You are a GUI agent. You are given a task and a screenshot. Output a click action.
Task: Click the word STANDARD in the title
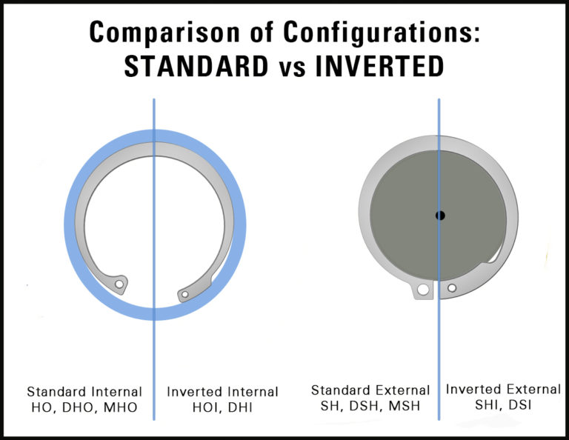(196, 66)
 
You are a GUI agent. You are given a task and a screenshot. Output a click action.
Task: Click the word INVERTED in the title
(380, 66)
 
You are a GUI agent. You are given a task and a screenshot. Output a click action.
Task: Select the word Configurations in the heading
(381, 33)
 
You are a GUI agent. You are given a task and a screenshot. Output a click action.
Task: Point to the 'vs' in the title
(293, 68)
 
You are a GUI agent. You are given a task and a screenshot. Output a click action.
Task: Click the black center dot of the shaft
(440, 216)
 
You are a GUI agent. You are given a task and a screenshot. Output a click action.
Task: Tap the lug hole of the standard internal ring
(119, 284)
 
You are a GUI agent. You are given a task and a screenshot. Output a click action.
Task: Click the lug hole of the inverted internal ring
(184, 294)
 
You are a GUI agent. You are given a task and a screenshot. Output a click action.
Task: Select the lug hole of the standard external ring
(423, 290)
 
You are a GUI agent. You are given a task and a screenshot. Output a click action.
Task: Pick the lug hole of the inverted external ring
(452, 288)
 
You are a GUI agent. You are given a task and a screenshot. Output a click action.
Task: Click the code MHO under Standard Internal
(121, 407)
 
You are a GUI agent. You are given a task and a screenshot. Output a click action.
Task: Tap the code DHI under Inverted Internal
(240, 407)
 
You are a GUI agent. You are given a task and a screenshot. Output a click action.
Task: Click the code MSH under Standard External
(405, 406)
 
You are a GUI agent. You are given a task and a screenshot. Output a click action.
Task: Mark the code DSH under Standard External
(365, 406)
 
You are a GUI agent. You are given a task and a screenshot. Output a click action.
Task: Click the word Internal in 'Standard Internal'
(116, 392)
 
